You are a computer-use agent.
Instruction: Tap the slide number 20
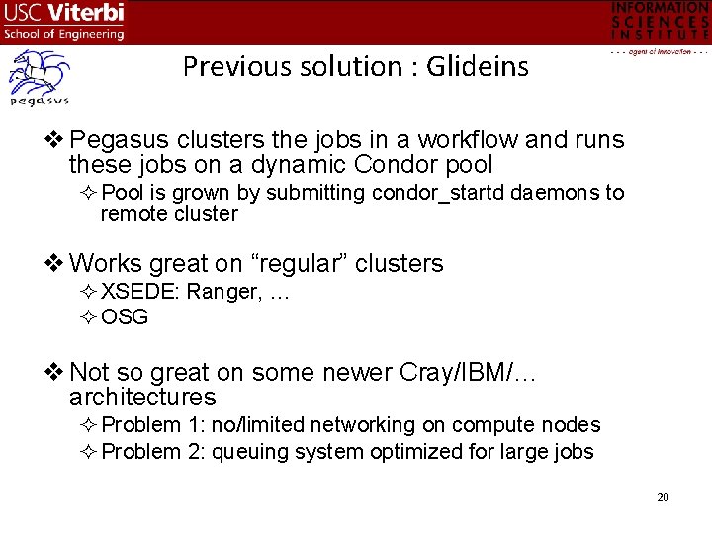[663, 496]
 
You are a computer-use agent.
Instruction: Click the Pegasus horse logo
[38, 78]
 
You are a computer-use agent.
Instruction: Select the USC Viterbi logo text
[64, 21]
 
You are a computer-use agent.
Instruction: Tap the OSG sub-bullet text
[125, 316]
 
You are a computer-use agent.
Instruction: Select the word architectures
[142, 398]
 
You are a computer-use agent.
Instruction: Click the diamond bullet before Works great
[56, 263]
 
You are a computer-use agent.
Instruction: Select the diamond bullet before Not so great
[56, 372]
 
